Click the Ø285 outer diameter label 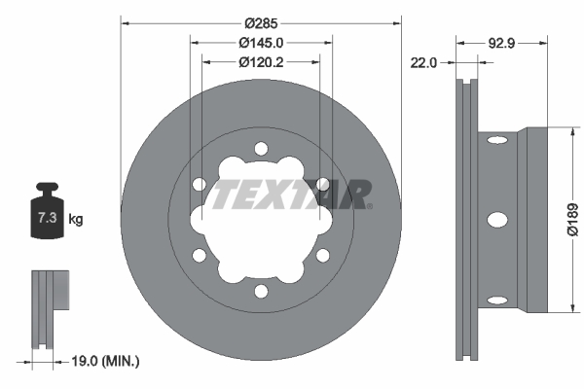point(261,21)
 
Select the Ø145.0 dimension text point(261,43)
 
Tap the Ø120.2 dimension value point(261,61)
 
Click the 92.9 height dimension point(500,43)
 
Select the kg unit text point(76,220)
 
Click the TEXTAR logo point(292,194)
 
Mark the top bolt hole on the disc point(261,148)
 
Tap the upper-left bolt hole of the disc point(199,184)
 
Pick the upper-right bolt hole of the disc point(323,184)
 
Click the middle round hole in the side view point(496,220)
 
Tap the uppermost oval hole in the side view point(496,142)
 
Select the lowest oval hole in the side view point(496,299)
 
